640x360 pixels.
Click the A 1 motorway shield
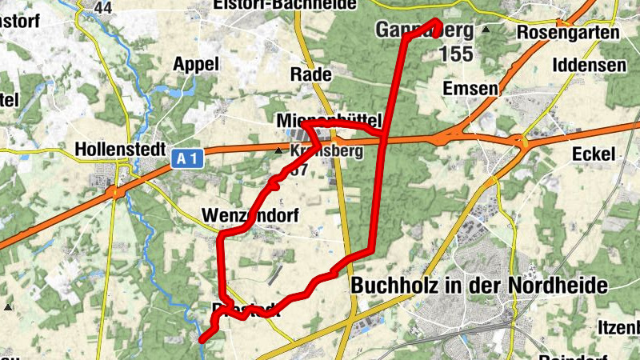coord(186,159)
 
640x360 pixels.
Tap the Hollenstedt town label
coord(119,150)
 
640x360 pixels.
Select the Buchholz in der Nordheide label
coord(479,286)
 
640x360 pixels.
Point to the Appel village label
coord(195,65)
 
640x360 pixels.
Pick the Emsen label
coord(469,88)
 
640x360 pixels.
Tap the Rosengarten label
coord(568,34)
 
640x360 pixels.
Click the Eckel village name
coord(594,154)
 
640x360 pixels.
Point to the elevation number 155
coord(456,54)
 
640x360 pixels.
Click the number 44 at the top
coord(102,7)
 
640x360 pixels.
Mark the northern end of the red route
coord(437,22)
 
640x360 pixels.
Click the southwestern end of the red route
coord(202,339)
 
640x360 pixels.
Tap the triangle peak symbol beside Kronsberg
coord(278,150)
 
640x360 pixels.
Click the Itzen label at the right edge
coord(618,327)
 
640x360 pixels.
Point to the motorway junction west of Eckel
coord(521,143)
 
